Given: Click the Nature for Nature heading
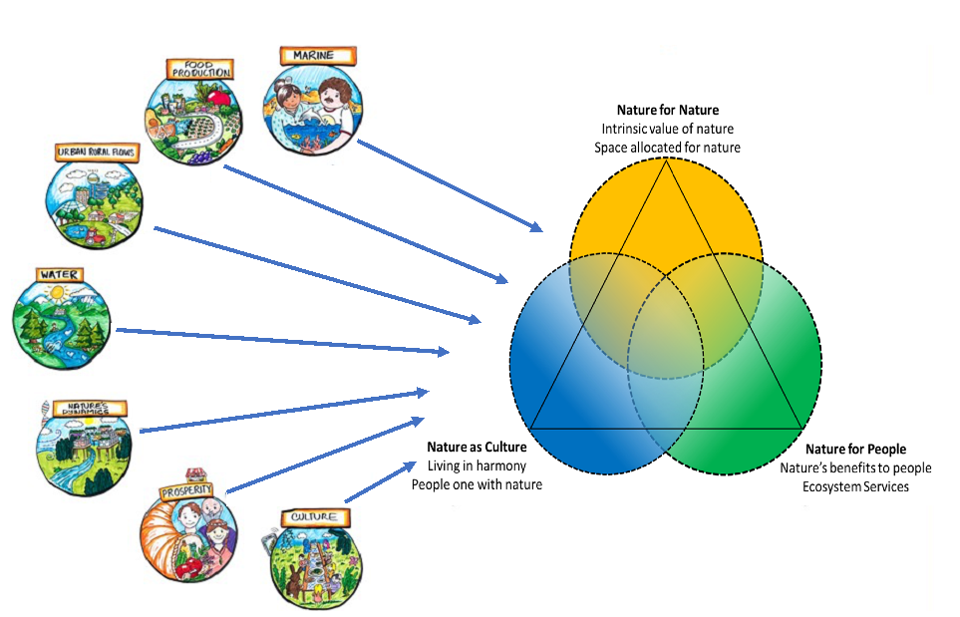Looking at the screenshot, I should (668, 111).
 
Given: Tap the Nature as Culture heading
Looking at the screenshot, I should (477, 447).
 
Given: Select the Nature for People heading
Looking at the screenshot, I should (855, 450).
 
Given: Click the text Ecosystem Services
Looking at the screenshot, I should (855, 486).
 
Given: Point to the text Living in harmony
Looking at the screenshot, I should (477, 465).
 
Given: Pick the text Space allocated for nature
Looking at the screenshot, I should (668, 148).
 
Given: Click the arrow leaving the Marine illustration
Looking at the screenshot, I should (449, 185).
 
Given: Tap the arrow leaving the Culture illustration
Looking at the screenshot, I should (380, 482).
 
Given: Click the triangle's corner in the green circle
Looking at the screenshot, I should (801, 427).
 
